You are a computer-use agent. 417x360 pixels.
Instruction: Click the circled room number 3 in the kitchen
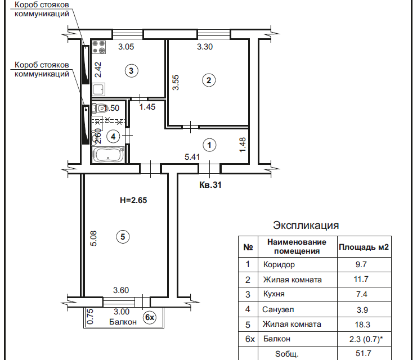(131, 71)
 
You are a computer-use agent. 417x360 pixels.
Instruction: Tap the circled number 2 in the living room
(209, 80)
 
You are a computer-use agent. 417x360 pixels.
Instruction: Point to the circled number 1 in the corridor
(209, 145)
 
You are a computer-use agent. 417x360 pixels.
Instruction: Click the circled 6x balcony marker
(149, 318)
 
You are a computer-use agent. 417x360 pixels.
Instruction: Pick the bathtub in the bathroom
(109, 155)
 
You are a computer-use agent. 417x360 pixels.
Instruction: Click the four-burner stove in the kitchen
(99, 45)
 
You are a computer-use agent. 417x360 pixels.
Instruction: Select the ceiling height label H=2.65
(133, 200)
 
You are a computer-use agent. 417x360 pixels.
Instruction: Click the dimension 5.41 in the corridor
(192, 157)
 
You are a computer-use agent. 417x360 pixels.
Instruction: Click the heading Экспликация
(306, 226)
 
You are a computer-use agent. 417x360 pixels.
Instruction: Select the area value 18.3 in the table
(363, 324)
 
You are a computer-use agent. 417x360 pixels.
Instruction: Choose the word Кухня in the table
(273, 294)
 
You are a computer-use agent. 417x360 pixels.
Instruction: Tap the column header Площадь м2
(364, 246)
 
